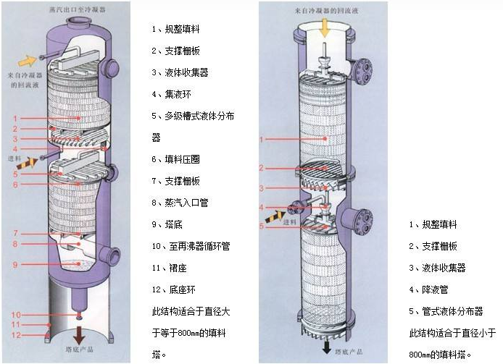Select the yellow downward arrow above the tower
325,28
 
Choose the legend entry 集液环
172,94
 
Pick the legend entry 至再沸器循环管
191,246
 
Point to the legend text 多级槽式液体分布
192,116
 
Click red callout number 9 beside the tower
15,265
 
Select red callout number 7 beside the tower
15,234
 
